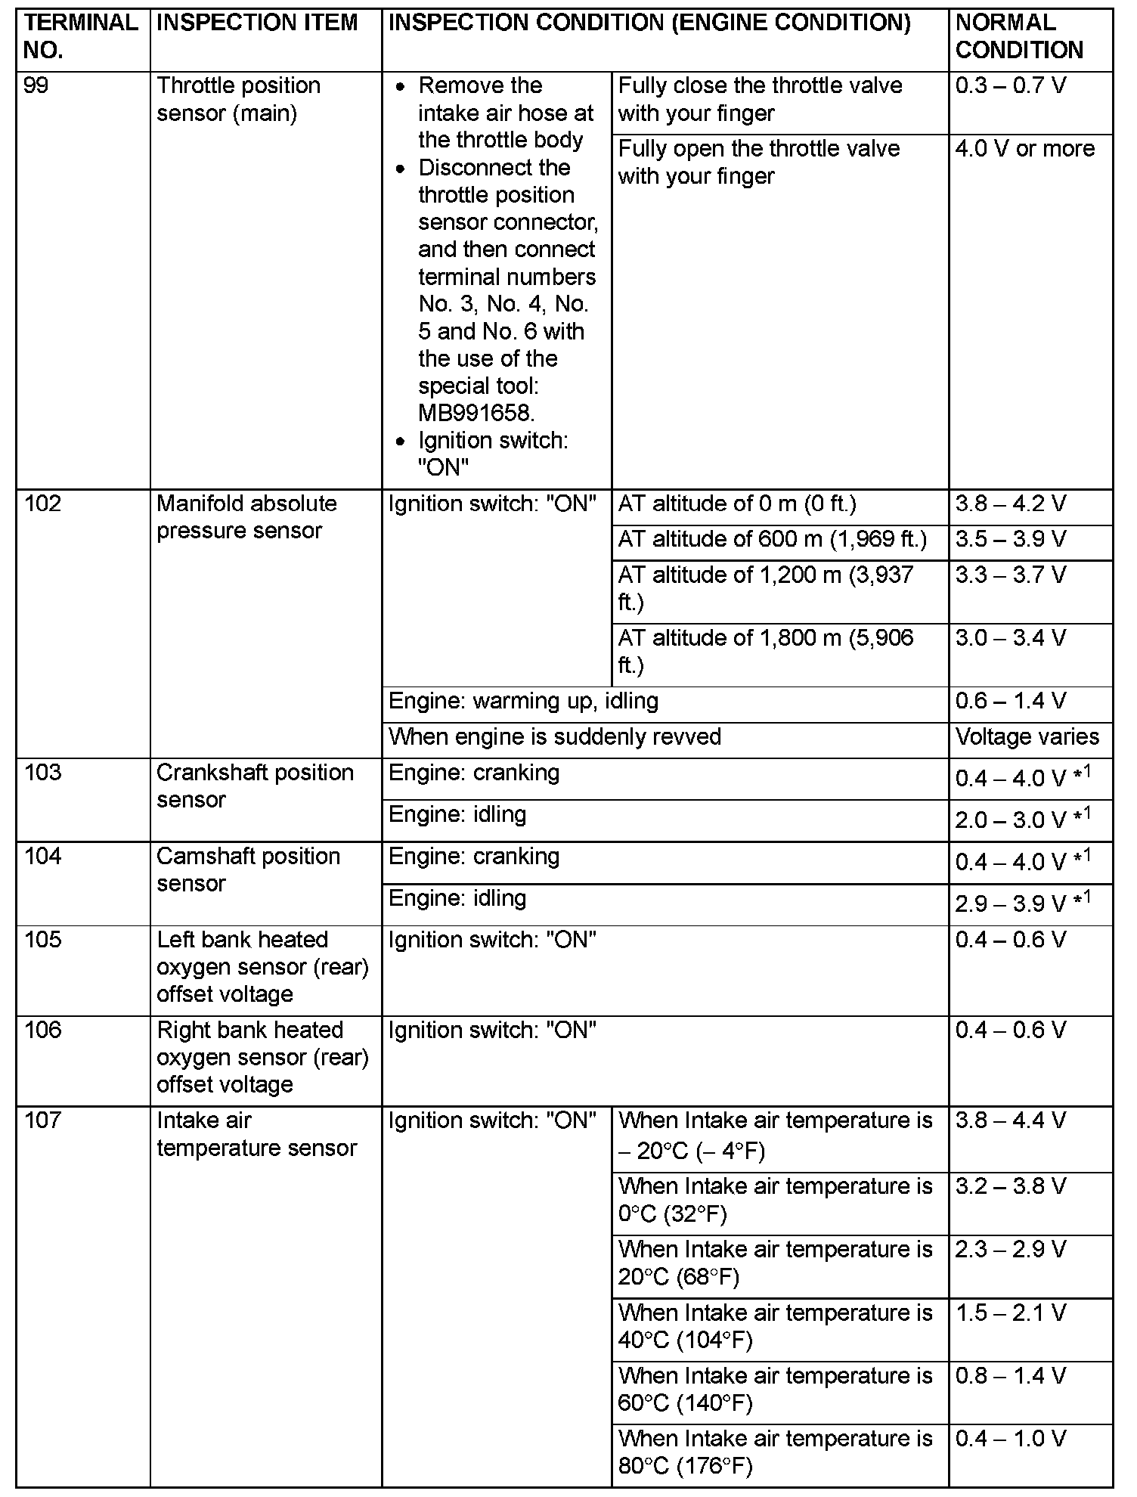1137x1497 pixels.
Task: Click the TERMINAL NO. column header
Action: (x=81, y=36)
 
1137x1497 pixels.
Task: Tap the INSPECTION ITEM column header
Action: (x=257, y=23)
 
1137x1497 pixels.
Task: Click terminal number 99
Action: (x=36, y=85)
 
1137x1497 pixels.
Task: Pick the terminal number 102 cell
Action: (x=42, y=504)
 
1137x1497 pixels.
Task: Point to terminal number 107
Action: (x=42, y=1120)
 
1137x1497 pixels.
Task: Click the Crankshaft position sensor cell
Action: (x=255, y=786)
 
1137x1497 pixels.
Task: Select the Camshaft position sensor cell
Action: (x=248, y=869)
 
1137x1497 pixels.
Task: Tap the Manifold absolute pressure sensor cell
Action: (x=246, y=517)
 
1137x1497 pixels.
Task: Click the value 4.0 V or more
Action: (x=1024, y=149)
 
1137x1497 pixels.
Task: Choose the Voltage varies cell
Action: (x=1027, y=736)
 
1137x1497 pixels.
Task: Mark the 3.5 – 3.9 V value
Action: (x=1010, y=539)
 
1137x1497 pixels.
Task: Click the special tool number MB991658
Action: (x=476, y=413)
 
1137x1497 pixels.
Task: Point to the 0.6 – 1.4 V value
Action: (x=1010, y=701)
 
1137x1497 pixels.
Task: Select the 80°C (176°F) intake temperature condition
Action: (x=775, y=1452)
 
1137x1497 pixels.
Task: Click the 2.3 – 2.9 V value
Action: (x=1010, y=1250)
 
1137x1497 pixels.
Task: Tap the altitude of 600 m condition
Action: (x=772, y=539)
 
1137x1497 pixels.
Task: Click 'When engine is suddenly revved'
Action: (x=554, y=736)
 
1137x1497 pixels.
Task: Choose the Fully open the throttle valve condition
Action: (x=759, y=163)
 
